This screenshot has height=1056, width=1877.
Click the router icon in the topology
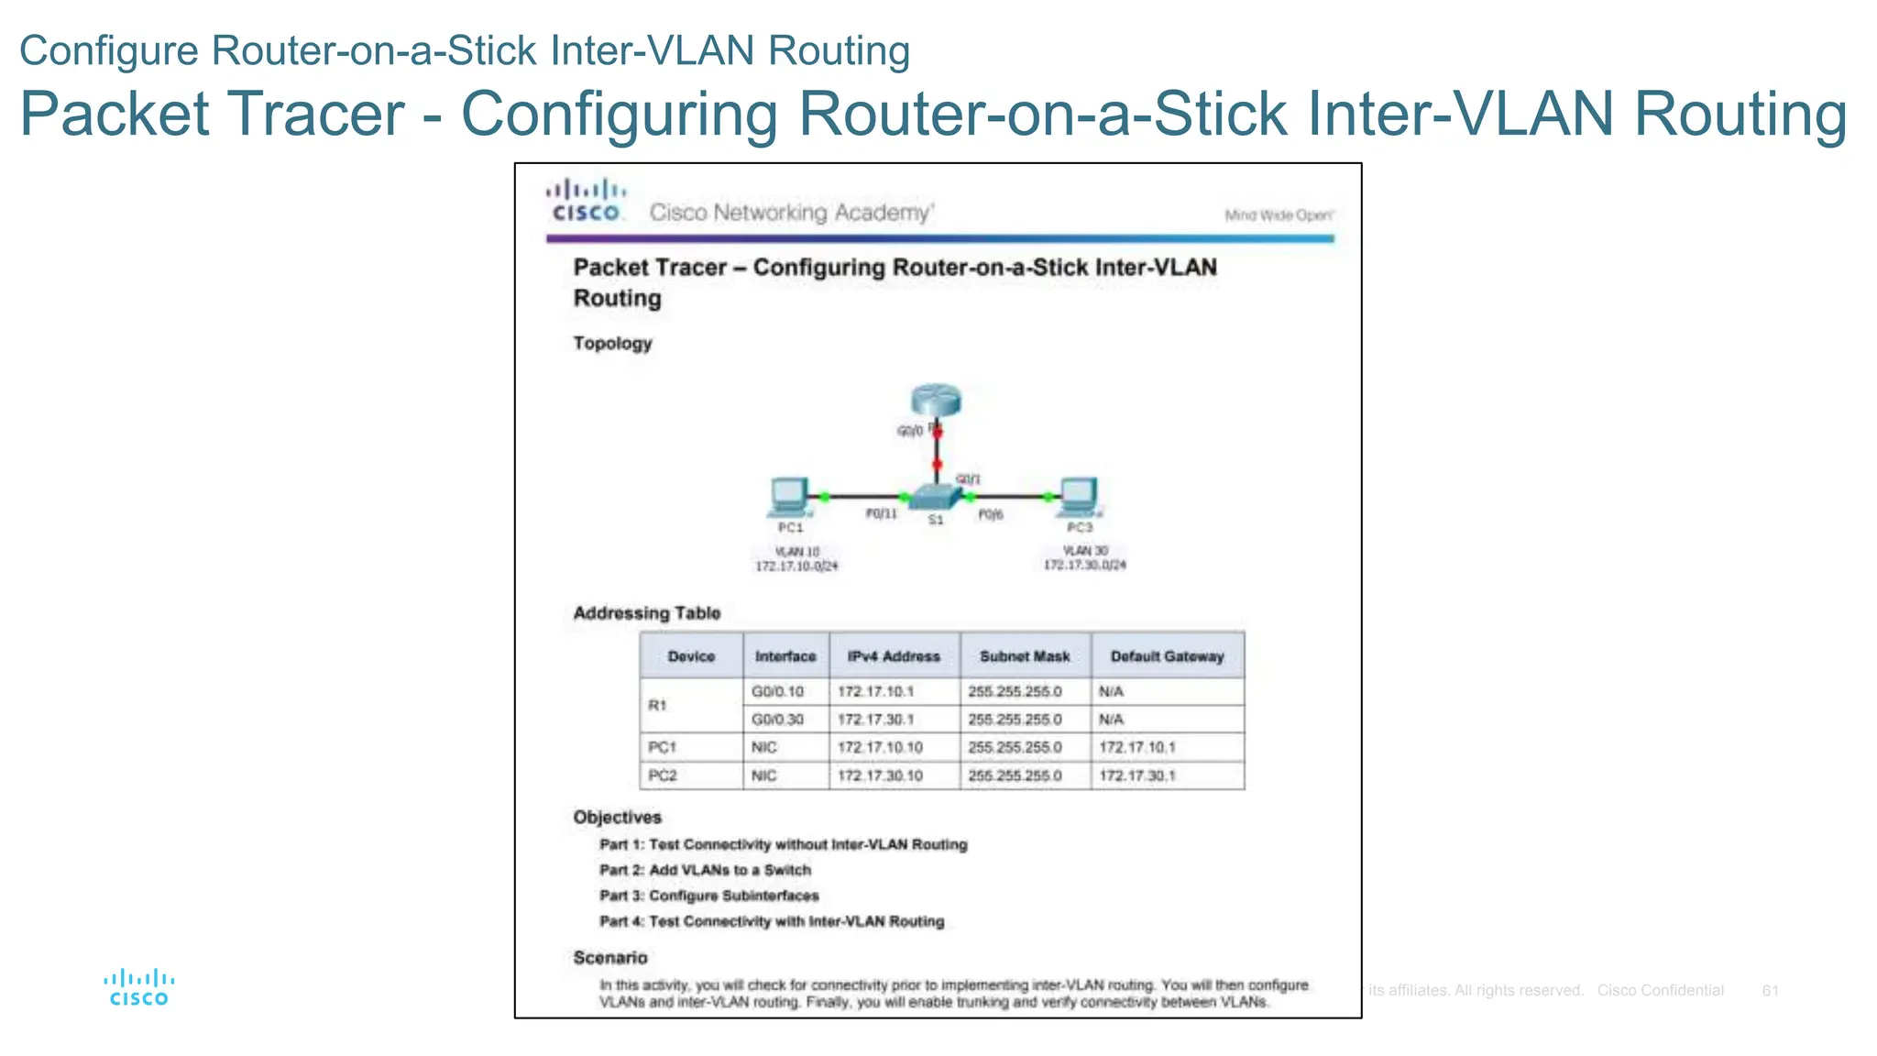click(936, 401)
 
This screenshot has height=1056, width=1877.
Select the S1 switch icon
click(934, 498)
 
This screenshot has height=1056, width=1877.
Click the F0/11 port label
click(882, 514)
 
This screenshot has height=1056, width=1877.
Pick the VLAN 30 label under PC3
click(1085, 551)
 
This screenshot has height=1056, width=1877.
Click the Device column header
click(691, 656)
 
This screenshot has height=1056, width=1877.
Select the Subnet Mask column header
click(1025, 656)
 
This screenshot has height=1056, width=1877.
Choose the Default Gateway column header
click(1167, 656)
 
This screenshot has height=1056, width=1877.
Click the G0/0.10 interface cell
click(778, 691)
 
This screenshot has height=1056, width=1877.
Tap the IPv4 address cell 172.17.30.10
click(880, 775)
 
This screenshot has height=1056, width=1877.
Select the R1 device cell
click(658, 705)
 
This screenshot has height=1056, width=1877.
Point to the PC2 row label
click(663, 775)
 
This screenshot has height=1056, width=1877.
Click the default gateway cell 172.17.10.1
click(1137, 747)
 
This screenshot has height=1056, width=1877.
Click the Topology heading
click(612, 344)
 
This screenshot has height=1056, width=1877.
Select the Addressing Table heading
click(647, 613)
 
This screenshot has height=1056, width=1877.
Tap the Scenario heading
click(610, 958)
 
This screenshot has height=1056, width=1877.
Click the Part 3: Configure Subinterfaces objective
click(709, 896)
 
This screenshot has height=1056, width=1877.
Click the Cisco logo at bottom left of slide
click(139, 988)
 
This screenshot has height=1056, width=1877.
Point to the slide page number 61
click(1770, 991)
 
